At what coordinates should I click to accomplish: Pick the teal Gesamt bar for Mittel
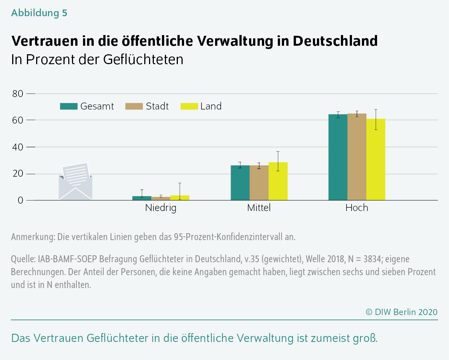point(240,183)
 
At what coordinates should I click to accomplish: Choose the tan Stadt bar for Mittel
point(259,183)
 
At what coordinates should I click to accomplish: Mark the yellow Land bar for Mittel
point(278,181)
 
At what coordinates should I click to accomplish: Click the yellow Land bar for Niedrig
point(180,198)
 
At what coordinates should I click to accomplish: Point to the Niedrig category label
point(160,208)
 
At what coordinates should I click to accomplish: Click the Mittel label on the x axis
point(259,208)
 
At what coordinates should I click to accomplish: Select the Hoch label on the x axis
point(356,208)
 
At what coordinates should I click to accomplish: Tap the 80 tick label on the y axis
point(18,94)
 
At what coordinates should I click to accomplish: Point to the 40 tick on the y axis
point(18,147)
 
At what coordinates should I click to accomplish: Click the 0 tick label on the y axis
point(21,201)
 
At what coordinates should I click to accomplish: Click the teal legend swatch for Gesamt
point(69,106)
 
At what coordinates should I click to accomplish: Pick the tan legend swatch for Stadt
point(134,106)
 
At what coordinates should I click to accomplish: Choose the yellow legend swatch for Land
point(189,106)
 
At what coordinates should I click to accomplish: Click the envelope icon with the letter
point(75,181)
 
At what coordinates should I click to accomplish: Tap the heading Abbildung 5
point(39,13)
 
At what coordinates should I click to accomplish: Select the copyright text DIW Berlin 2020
point(401,312)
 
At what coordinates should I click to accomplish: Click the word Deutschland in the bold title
point(335,41)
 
